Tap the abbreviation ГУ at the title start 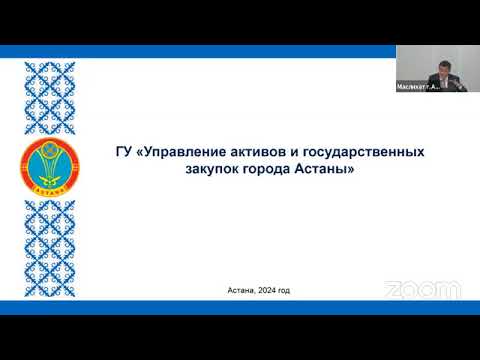[123, 152]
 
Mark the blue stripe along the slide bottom [240, 307]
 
